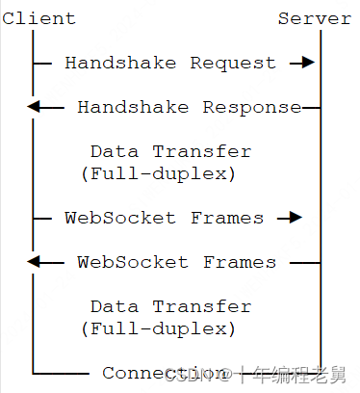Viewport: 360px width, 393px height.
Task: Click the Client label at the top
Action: click(x=39, y=18)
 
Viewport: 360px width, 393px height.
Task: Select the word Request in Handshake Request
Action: click(x=233, y=63)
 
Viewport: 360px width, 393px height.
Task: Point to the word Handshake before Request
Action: click(x=121, y=63)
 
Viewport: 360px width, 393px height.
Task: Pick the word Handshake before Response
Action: click(x=134, y=107)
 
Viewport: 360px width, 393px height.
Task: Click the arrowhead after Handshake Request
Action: click(x=306, y=63)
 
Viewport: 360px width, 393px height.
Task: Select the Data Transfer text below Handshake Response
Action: click(x=170, y=151)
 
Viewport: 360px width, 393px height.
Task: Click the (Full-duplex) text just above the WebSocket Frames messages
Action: click(x=159, y=173)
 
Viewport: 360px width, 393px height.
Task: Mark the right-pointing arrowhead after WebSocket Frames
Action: click(x=294, y=218)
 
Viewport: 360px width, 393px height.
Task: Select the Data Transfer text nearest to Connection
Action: click(x=170, y=306)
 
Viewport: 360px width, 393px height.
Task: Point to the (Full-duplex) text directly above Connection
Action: click(x=159, y=328)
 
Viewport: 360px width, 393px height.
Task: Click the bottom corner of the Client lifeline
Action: click(x=33, y=373)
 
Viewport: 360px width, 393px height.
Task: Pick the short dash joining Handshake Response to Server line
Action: click(x=310, y=107)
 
